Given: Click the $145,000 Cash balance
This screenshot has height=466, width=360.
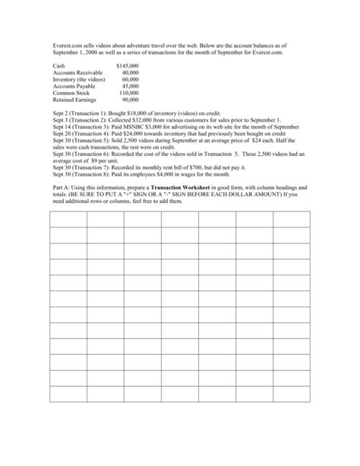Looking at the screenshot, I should pyautogui.click(x=127, y=67).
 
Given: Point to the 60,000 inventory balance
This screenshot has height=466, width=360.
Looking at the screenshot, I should pyautogui.click(x=130, y=79).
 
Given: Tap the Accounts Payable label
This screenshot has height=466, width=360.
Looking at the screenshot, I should pyautogui.click(x=73, y=86).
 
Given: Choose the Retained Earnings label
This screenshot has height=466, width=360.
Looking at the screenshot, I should pyautogui.click(x=74, y=99).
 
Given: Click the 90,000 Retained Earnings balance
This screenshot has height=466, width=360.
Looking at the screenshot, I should pyautogui.click(x=130, y=99).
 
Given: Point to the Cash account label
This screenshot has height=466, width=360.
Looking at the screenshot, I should pyautogui.click(x=58, y=67).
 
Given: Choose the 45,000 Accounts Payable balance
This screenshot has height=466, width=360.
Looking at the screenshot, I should pyautogui.click(x=130, y=86).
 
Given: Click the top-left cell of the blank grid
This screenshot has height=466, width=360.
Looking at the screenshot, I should pyautogui.click(x=69, y=220).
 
